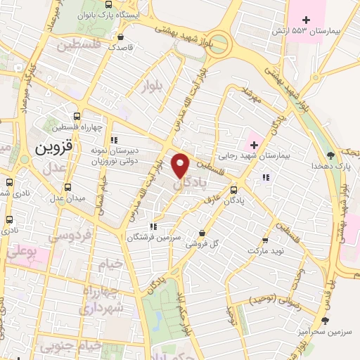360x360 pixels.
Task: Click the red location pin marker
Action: coord(181,165)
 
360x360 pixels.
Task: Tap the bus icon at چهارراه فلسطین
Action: coord(77,116)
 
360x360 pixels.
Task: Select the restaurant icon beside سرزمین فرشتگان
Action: coord(153,226)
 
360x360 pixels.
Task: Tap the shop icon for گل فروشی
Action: coord(202,233)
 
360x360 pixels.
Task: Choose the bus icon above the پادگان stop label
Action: coord(233,188)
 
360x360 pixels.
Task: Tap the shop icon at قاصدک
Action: coord(122,37)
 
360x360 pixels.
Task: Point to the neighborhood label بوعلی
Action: coord(24,250)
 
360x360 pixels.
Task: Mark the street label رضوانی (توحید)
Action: coord(276,300)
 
